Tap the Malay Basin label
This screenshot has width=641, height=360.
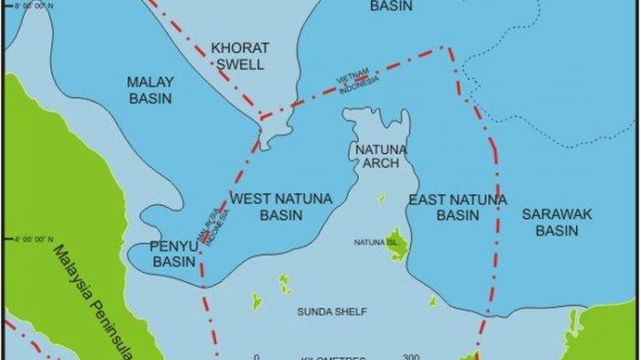150,90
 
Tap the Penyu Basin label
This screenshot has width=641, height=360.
174,253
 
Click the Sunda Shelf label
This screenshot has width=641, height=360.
331,311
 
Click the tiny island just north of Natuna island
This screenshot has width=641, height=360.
382,197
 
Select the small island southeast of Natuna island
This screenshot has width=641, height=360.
432,300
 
